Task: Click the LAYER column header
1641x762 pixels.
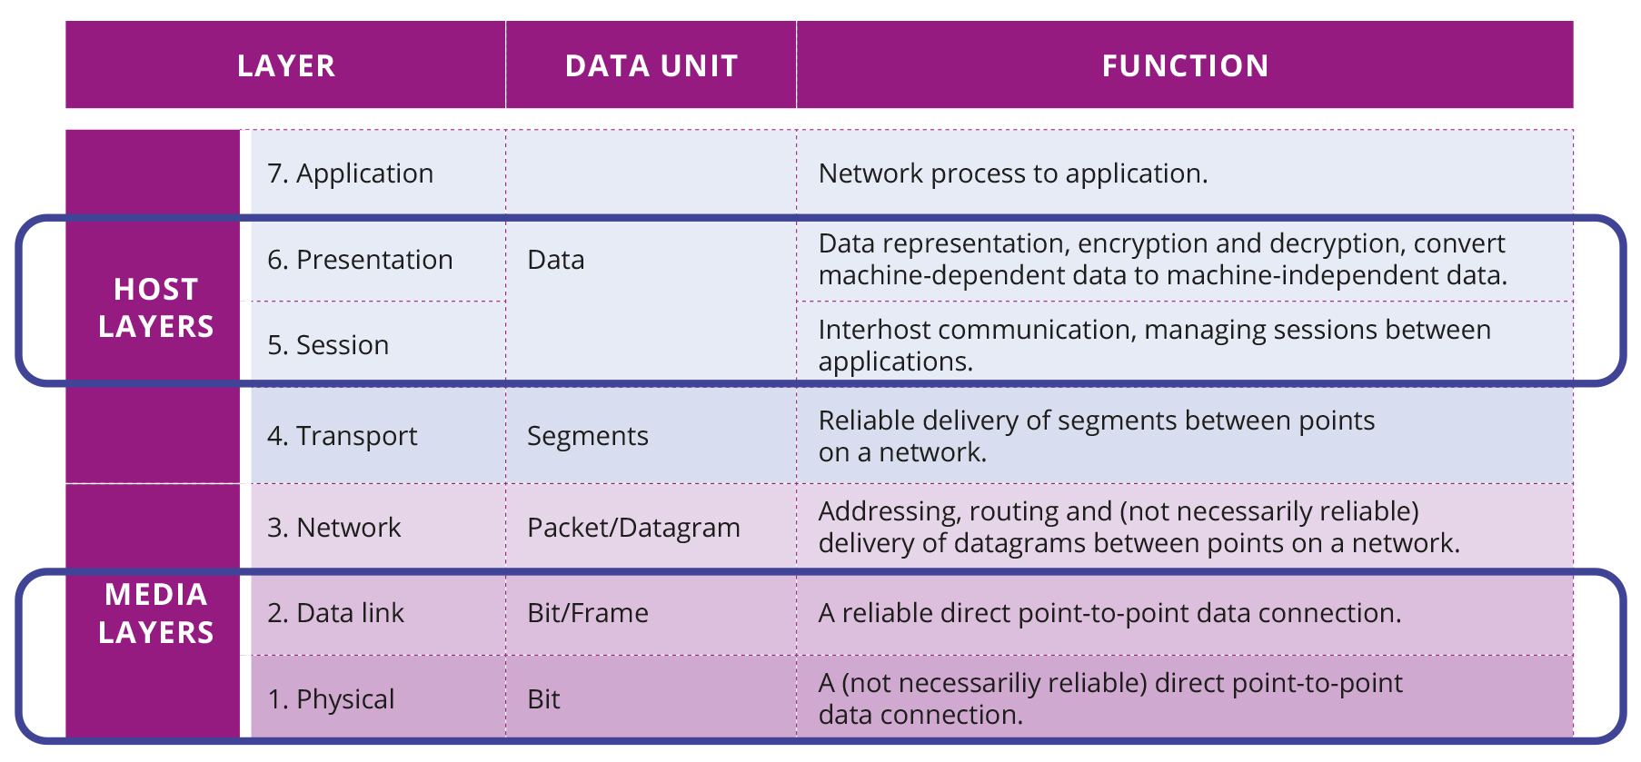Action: pyautogui.click(x=286, y=65)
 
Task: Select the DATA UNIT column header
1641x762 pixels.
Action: pyautogui.click(x=651, y=65)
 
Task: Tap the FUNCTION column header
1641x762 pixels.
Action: pyautogui.click(x=1185, y=65)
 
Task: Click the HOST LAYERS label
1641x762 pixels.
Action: pyautogui.click(x=155, y=307)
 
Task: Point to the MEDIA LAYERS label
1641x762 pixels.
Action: pyautogui.click(x=155, y=613)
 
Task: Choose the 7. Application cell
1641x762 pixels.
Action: pyautogui.click(x=350, y=173)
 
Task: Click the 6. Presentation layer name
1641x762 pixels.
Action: pyautogui.click(x=360, y=260)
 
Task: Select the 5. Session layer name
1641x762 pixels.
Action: pyautogui.click(x=328, y=345)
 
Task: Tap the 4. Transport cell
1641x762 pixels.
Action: pyautogui.click(x=342, y=436)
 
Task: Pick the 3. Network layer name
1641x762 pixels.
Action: pyautogui.click(x=333, y=528)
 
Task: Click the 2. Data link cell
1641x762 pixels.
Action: pyautogui.click(x=335, y=613)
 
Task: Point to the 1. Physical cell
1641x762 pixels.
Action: pyautogui.click(x=331, y=699)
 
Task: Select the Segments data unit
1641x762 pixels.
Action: pyautogui.click(x=587, y=436)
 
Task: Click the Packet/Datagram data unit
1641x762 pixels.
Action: pyautogui.click(x=633, y=528)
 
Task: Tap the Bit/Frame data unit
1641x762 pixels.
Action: pyautogui.click(x=587, y=613)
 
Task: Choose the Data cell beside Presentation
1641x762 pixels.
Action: pyautogui.click(x=555, y=260)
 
